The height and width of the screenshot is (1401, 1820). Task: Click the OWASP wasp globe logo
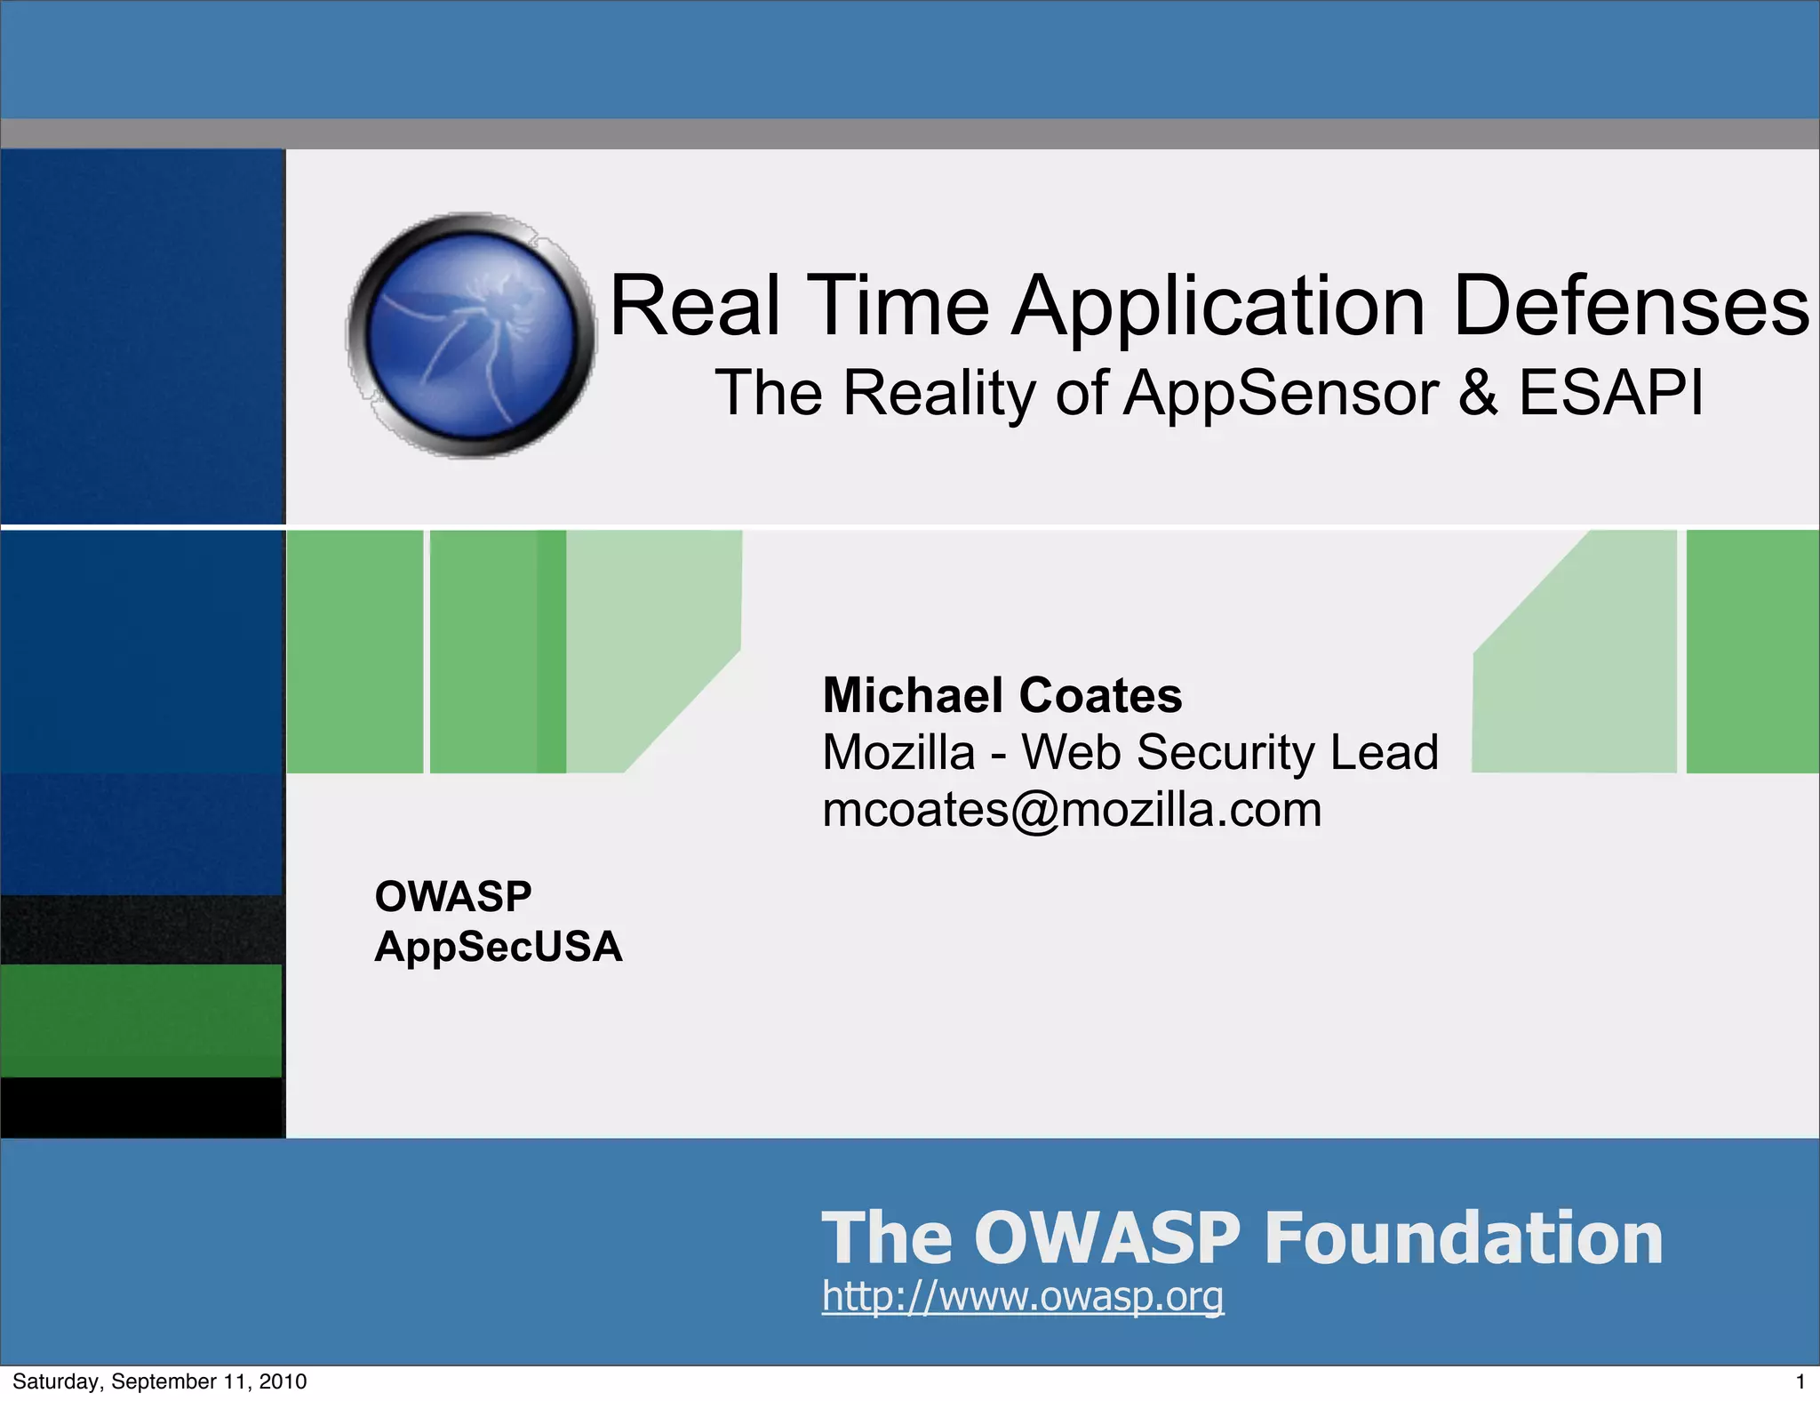472,336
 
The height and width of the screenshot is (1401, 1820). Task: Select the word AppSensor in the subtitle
1281,392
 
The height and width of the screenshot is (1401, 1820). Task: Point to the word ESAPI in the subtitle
1611,392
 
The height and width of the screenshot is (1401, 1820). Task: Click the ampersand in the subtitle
1478,392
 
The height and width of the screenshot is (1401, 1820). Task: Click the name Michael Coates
1002,695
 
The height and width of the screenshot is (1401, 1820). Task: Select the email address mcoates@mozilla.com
1072,810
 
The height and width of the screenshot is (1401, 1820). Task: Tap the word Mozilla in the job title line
898,752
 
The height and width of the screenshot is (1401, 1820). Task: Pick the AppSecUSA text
498,947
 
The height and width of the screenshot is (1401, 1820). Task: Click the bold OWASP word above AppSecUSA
453,896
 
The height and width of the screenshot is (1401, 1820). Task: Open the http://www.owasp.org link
1022,1296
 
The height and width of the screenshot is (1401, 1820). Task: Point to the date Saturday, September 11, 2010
160,1381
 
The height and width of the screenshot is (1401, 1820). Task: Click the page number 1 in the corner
1800,1381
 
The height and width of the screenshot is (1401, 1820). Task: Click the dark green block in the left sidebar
140,1021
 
